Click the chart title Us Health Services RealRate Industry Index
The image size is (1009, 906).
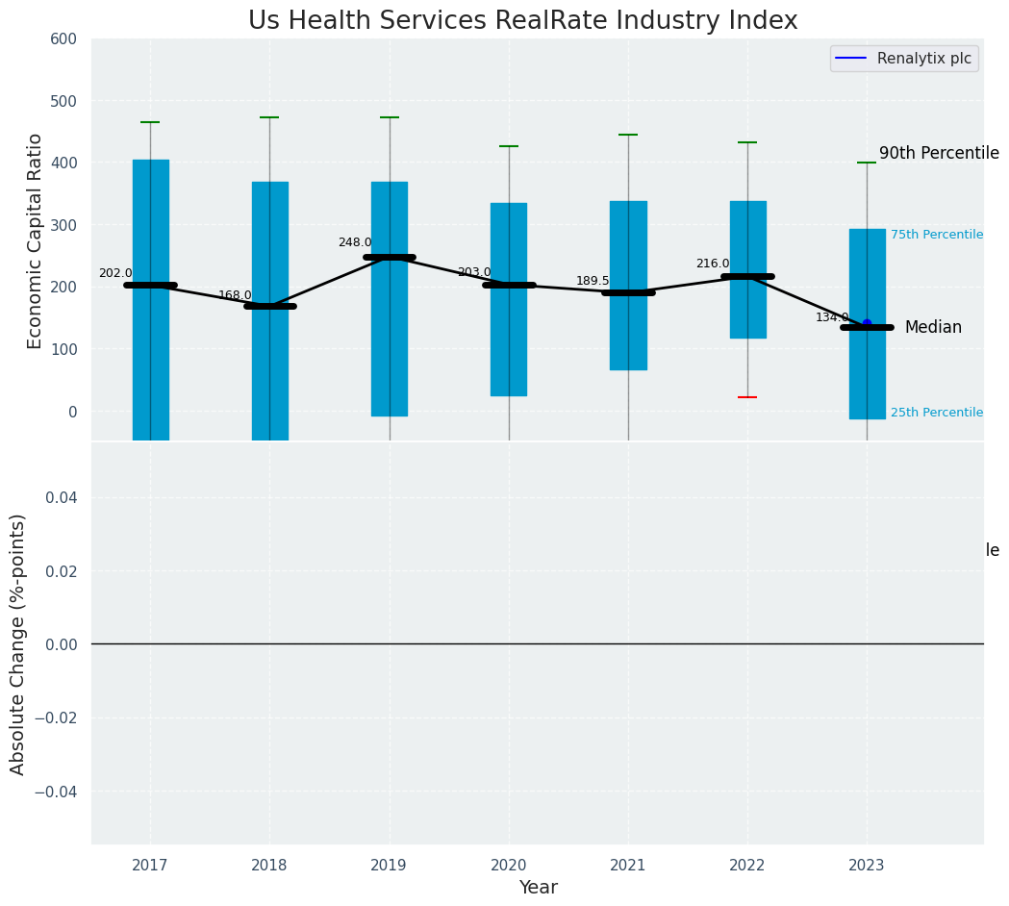[522, 20]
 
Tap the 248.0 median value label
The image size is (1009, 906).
[354, 242]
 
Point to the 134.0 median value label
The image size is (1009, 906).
[832, 317]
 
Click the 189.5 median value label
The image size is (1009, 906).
[593, 281]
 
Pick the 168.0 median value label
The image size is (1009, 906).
[235, 295]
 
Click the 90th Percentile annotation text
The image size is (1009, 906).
[938, 153]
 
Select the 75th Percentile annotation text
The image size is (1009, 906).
[936, 235]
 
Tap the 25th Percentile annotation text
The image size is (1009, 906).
[936, 413]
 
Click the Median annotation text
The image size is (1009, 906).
[933, 327]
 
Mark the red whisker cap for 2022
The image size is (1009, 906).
[747, 397]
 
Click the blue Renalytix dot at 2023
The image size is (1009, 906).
[867, 323]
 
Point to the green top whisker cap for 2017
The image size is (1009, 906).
[150, 122]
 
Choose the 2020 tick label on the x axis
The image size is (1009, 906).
[509, 866]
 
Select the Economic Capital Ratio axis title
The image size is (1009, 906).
[35, 240]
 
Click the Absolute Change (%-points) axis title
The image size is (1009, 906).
[18, 643]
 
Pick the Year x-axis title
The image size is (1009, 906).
[538, 888]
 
